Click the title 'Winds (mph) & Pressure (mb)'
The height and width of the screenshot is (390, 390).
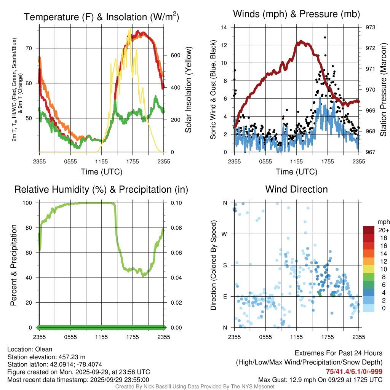[x=296, y=14]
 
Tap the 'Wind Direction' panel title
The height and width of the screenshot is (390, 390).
[x=296, y=189]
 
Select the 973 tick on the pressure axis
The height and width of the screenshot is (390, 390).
[x=371, y=27]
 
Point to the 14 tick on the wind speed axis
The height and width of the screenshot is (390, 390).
[x=224, y=27]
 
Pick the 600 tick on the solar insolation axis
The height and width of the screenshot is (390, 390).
[x=175, y=55]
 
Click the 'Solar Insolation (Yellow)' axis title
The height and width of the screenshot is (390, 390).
[x=188, y=90]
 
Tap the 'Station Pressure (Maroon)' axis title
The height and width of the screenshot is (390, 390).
[x=383, y=90]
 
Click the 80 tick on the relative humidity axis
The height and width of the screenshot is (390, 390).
[x=31, y=228]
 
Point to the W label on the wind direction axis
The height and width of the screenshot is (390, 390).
[x=225, y=234]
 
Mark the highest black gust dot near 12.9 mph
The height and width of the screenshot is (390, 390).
[x=325, y=37]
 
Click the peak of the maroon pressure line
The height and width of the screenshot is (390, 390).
[x=300, y=41]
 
